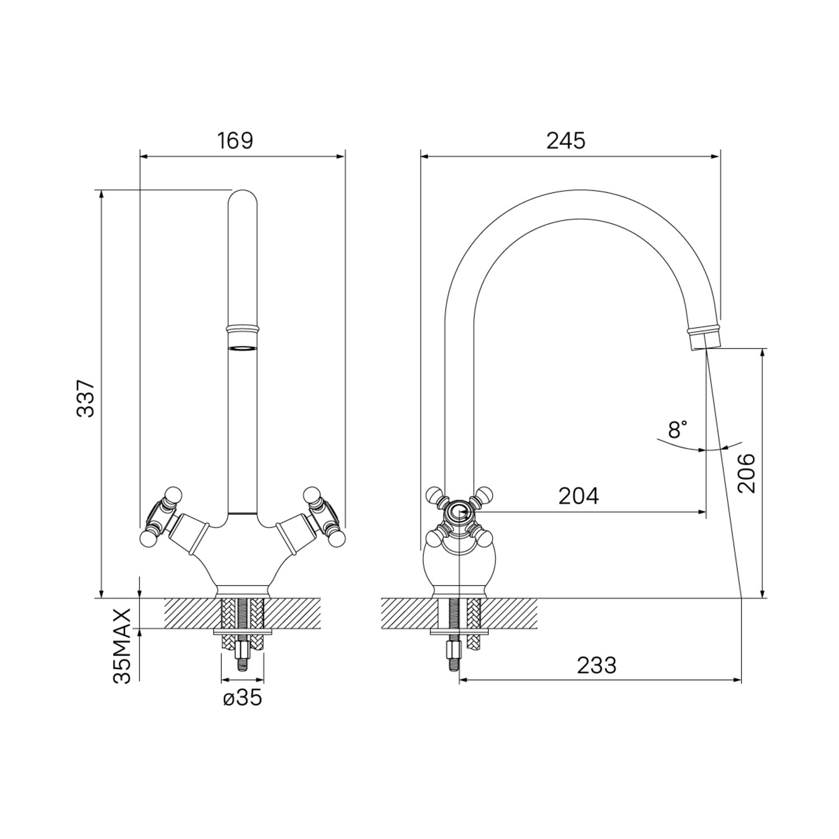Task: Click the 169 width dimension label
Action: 235,140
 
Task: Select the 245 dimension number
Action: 566,140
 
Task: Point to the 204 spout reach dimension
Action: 578,496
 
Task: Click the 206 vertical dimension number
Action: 746,473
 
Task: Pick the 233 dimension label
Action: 597,666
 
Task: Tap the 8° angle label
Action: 677,430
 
